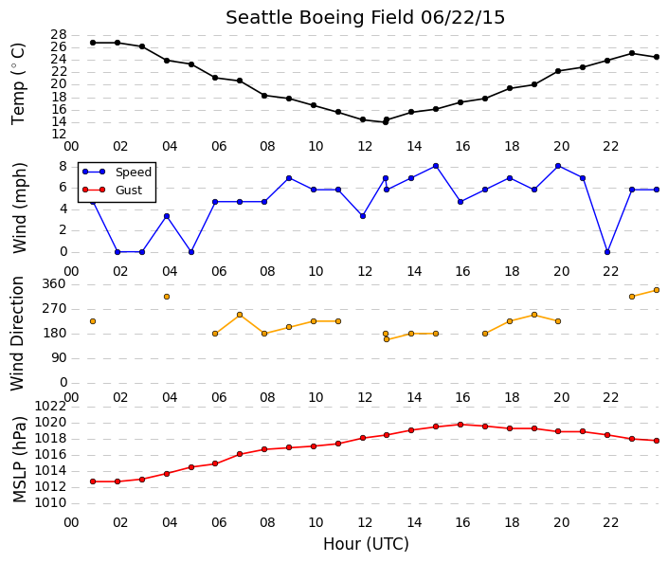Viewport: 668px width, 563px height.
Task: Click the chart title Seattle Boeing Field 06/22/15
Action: click(365, 18)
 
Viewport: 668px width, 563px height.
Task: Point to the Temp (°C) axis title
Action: click(18, 84)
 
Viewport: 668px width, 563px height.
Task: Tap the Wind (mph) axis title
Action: click(20, 208)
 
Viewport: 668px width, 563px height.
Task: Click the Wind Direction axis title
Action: click(17, 334)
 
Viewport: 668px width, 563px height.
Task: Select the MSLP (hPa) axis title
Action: click(20, 460)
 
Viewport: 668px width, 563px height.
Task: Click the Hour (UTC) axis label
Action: click(366, 544)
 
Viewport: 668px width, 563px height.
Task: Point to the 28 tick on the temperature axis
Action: click(59, 34)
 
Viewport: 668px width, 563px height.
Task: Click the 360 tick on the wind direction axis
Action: click(54, 284)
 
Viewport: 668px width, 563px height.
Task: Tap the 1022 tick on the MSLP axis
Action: click(50, 407)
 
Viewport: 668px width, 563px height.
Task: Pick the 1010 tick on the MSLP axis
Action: click(50, 503)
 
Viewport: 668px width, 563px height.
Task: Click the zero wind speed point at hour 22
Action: click(607, 252)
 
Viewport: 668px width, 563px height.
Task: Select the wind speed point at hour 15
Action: click(436, 166)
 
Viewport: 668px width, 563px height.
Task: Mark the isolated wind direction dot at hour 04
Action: click(167, 297)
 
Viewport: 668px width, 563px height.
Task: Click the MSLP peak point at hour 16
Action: click(460, 425)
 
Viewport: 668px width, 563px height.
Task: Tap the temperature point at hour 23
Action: click(632, 53)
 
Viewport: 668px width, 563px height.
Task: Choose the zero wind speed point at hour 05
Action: click(191, 252)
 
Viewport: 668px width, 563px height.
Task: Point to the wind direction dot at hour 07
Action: click(240, 315)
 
